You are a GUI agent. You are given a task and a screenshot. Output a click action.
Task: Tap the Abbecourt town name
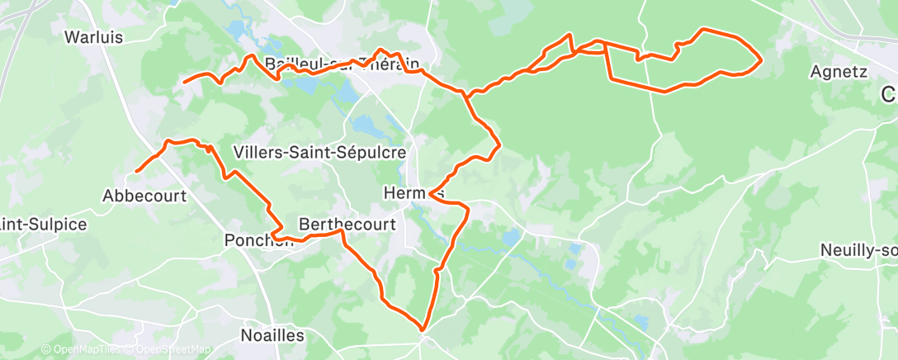click(x=144, y=196)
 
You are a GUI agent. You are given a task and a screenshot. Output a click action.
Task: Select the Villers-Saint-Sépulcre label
click(x=320, y=153)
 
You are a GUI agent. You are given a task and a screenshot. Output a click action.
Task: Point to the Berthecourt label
click(x=347, y=224)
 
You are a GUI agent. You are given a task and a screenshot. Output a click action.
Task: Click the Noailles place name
click(x=272, y=335)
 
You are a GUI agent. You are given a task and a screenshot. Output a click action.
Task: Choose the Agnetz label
click(x=838, y=72)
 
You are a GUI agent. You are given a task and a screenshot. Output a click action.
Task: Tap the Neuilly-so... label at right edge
click(x=858, y=249)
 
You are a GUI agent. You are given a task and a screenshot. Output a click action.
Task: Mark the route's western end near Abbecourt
click(x=136, y=171)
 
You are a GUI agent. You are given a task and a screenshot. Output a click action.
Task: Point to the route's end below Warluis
click(x=183, y=82)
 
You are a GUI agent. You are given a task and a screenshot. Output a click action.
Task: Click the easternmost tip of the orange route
click(x=759, y=59)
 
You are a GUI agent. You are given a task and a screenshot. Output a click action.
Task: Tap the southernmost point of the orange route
click(x=423, y=329)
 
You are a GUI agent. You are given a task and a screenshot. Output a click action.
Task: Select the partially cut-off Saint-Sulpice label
click(x=43, y=224)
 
